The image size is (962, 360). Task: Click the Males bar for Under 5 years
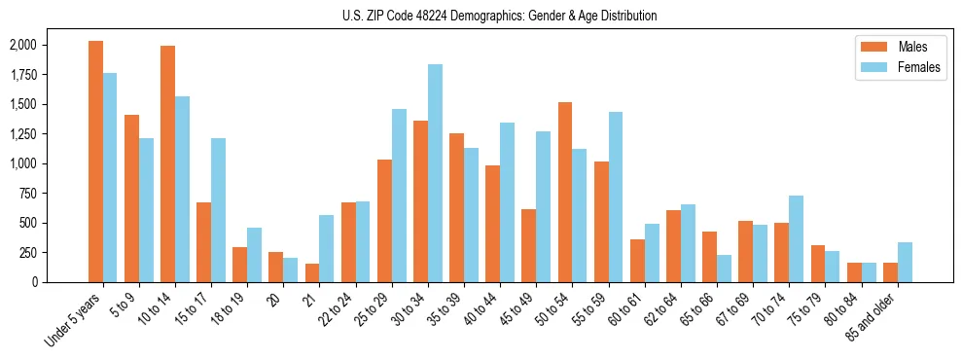tap(95, 162)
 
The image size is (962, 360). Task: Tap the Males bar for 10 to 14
tap(167, 163)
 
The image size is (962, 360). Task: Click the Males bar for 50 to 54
tap(565, 192)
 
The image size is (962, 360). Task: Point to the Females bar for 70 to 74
tap(796, 238)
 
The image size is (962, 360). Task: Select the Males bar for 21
tap(312, 272)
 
